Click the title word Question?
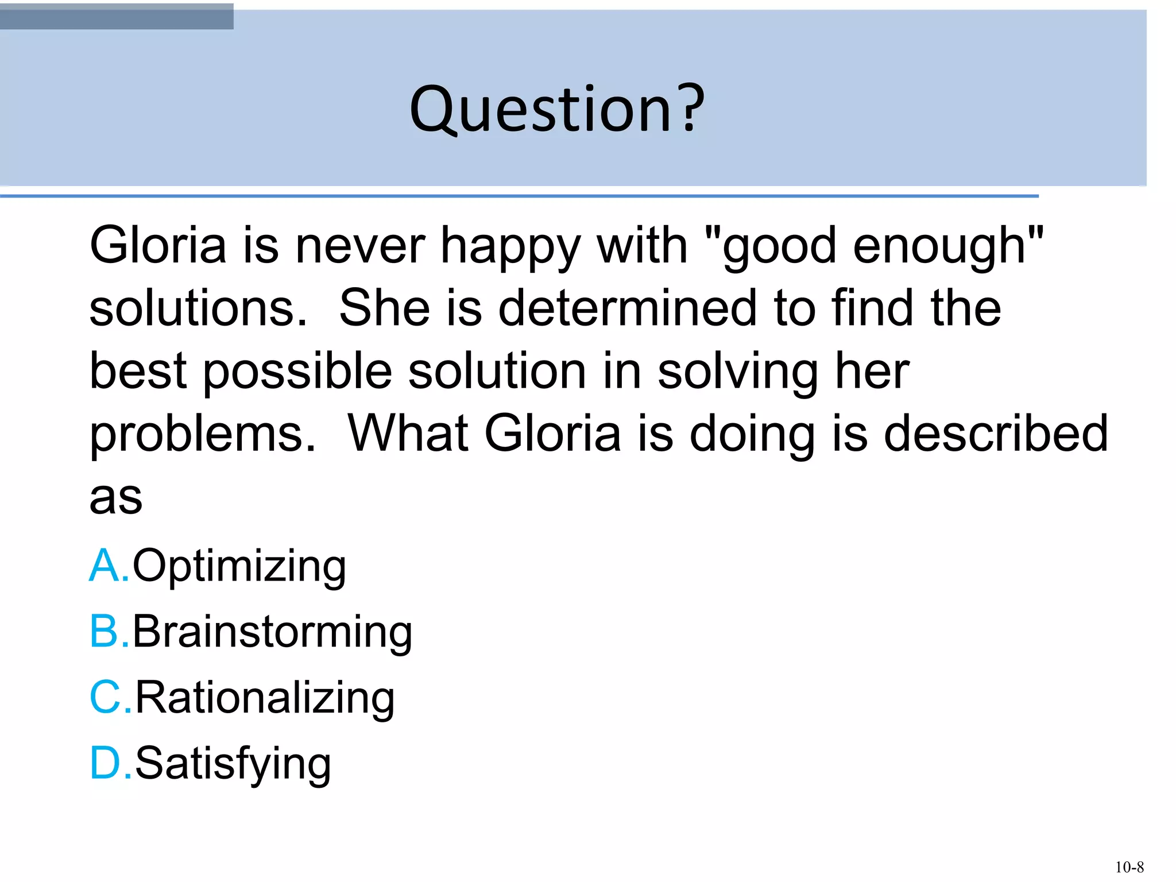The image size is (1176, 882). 556,109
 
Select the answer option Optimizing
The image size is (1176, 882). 239,566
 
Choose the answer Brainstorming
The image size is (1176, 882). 272,632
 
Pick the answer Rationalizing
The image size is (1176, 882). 265,698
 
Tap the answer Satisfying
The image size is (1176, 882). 233,764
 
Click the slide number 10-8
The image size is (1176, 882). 1129,866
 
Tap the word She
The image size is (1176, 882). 384,308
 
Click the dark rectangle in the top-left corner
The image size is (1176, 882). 117,16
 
